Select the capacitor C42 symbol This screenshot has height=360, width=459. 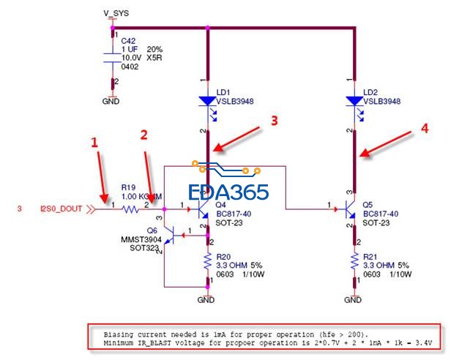click(113, 56)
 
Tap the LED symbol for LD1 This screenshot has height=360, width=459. click(208, 102)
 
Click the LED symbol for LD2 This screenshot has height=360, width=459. click(355, 102)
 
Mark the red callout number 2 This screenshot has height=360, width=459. click(144, 135)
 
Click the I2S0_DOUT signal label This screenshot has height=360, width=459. click(61, 209)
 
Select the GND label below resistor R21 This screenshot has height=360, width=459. click(354, 299)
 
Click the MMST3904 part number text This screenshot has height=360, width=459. click(141, 239)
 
